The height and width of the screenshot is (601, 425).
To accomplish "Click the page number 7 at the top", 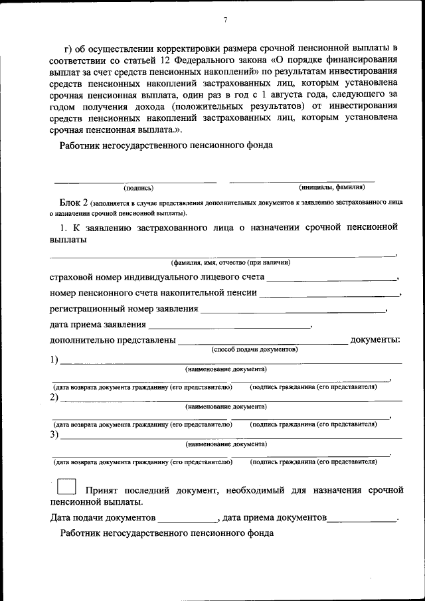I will click(225, 20).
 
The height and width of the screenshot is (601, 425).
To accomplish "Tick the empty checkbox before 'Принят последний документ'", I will click(66, 486).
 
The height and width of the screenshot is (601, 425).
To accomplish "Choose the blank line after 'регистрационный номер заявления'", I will click(293, 309).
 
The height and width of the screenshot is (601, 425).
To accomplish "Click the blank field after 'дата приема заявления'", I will click(229, 325).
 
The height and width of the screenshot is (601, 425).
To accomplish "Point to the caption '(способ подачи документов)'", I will click(254, 349).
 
